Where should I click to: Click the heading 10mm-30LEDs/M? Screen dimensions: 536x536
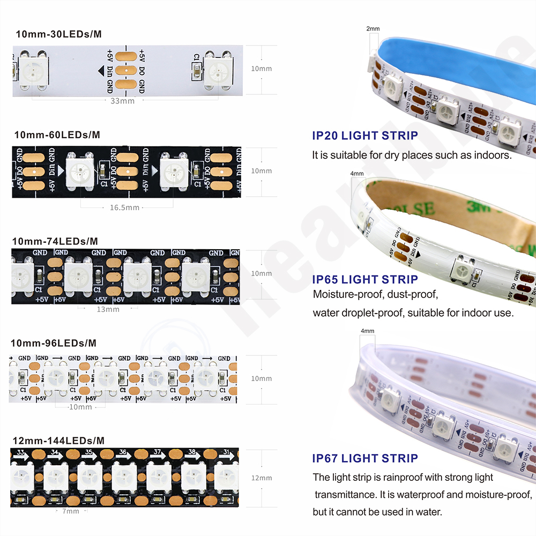tap(58, 34)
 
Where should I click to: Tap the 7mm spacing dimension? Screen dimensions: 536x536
tap(70, 511)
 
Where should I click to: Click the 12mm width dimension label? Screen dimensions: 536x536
tap(262, 478)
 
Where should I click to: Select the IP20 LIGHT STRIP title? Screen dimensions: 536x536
tap(364, 136)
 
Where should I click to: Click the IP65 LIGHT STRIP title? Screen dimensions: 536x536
tap(364, 279)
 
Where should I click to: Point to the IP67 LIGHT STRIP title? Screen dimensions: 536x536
tap(364, 458)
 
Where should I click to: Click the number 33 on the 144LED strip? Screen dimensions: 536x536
tap(21, 453)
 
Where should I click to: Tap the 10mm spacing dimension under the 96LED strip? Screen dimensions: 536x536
tap(80, 407)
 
